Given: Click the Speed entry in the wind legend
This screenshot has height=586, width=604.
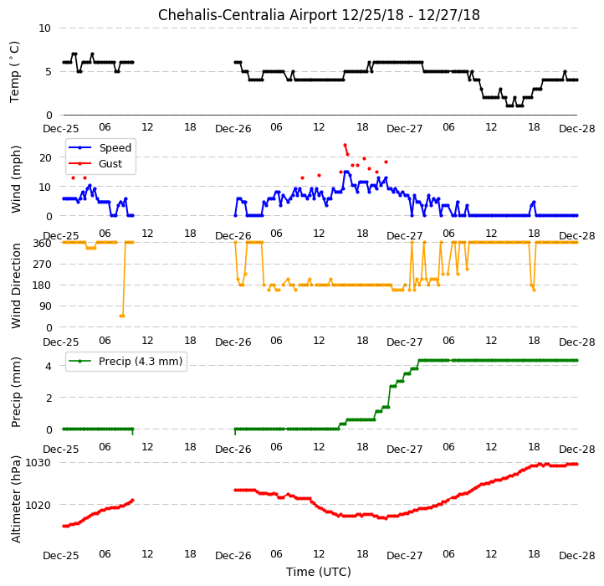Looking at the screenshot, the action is (115, 147).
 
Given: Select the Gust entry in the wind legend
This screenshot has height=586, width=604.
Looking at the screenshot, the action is (110, 164).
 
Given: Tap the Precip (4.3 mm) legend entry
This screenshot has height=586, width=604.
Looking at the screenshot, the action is (141, 362).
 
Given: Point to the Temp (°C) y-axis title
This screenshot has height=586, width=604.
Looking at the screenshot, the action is (14, 72).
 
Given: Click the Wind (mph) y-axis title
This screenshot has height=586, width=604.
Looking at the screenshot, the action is (16, 180).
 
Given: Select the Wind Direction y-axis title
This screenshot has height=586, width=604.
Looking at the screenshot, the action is (16, 285).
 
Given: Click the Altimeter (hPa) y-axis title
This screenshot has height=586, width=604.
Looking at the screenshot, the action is (16, 499).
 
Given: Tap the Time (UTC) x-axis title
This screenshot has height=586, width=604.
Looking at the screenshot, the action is (319, 571).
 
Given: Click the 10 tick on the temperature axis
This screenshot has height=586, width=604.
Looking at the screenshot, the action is (44, 28).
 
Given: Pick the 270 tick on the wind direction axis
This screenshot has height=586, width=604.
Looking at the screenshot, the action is (44, 265).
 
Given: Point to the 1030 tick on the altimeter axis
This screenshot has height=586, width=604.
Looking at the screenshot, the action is (38, 462).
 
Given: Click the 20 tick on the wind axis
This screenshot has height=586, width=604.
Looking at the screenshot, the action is (45, 157).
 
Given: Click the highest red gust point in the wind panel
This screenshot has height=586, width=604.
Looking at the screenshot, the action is (345, 146).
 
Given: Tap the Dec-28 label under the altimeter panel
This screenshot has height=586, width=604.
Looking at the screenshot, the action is (577, 556).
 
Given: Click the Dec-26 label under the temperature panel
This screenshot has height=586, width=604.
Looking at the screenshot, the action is (233, 128).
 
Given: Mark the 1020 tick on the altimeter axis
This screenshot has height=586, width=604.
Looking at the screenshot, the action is (38, 505).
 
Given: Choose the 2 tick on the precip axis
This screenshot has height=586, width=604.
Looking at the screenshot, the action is (49, 398).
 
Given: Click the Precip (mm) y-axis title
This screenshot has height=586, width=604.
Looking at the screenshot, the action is (16, 393).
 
